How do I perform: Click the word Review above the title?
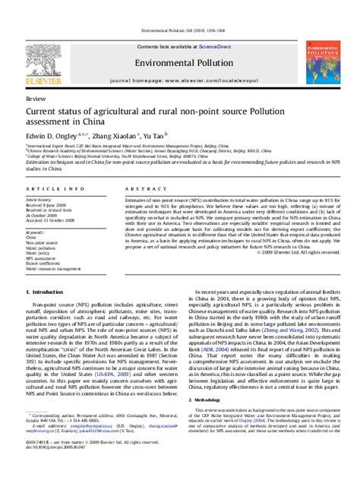(x=35, y=99)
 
